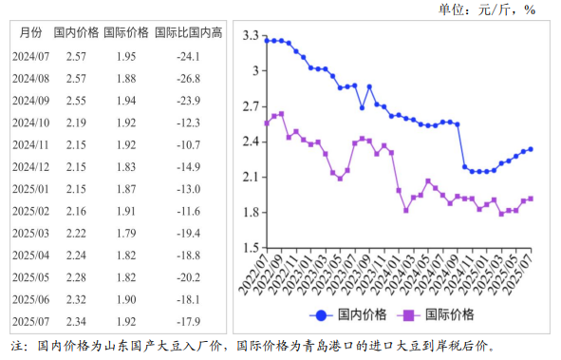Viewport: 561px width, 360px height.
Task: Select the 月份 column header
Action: point(30,32)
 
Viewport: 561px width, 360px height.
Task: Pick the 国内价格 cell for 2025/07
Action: point(77,321)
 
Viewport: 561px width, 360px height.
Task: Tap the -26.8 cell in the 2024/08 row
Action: point(189,78)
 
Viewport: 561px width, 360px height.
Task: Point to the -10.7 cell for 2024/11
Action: point(189,144)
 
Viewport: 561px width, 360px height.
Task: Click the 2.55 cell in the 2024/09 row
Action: point(77,101)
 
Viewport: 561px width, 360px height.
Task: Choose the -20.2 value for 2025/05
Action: point(189,277)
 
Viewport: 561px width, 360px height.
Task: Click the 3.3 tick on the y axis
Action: point(251,36)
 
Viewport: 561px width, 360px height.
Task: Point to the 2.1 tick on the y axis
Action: point(251,178)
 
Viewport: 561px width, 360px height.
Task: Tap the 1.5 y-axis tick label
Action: point(251,248)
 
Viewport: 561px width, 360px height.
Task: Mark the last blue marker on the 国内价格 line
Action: point(531,149)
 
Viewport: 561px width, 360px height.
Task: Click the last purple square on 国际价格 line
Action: point(531,199)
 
